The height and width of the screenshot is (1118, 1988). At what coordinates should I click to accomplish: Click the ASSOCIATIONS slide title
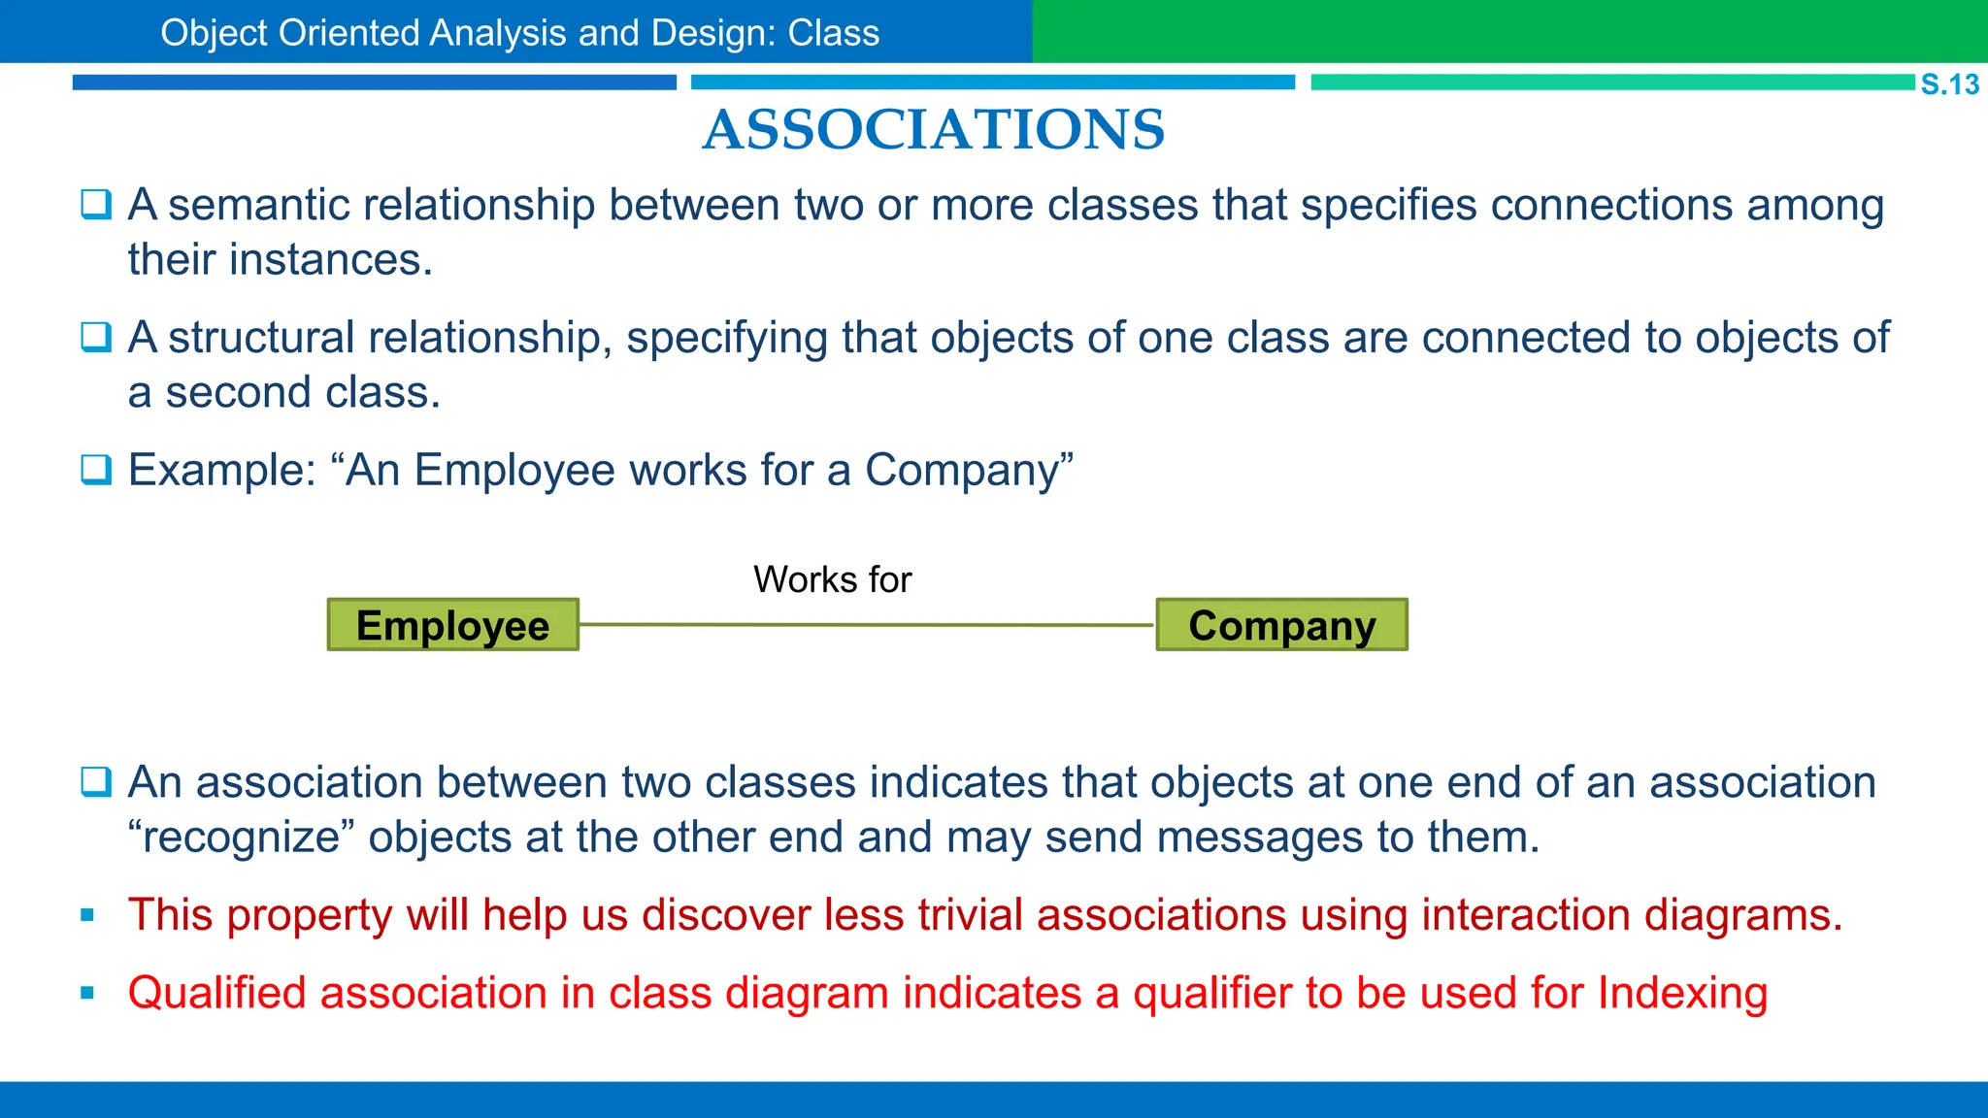click(933, 130)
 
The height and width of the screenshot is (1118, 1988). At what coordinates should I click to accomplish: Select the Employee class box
click(453, 625)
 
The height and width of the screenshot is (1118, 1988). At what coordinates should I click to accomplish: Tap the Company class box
click(1281, 625)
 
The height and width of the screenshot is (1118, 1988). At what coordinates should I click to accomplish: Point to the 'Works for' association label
click(832, 579)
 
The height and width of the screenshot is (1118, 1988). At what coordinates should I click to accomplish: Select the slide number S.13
click(1949, 84)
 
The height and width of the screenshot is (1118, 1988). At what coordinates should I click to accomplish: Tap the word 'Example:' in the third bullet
click(222, 471)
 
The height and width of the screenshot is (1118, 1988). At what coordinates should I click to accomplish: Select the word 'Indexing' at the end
click(1682, 994)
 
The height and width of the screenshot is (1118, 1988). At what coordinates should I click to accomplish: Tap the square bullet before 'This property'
click(88, 915)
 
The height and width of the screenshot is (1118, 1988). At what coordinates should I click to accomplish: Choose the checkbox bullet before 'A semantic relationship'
click(96, 205)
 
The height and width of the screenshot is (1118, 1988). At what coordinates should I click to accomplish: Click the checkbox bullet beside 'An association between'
click(96, 781)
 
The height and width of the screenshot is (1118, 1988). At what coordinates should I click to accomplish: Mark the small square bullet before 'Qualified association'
click(88, 993)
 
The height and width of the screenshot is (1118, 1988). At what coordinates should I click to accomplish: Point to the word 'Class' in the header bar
click(833, 33)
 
